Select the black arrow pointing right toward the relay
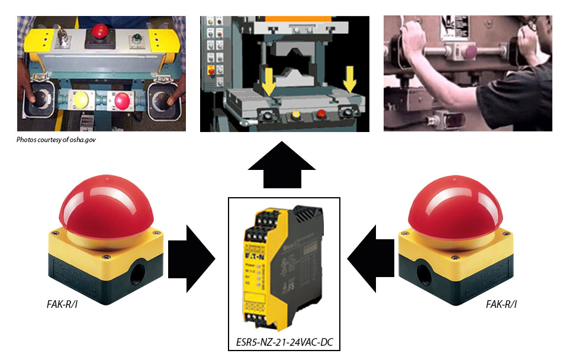coord(191,258)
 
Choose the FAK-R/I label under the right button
coord(501,305)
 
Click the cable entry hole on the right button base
coord(425,271)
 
